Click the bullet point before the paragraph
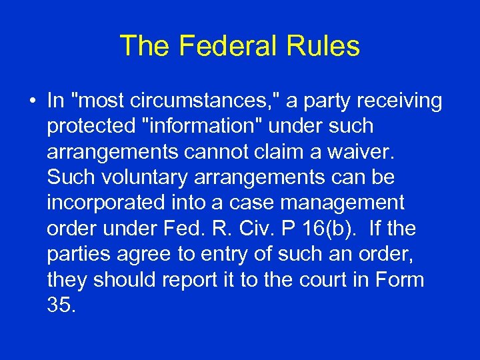tap(31, 101)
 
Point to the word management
tap(352, 203)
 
